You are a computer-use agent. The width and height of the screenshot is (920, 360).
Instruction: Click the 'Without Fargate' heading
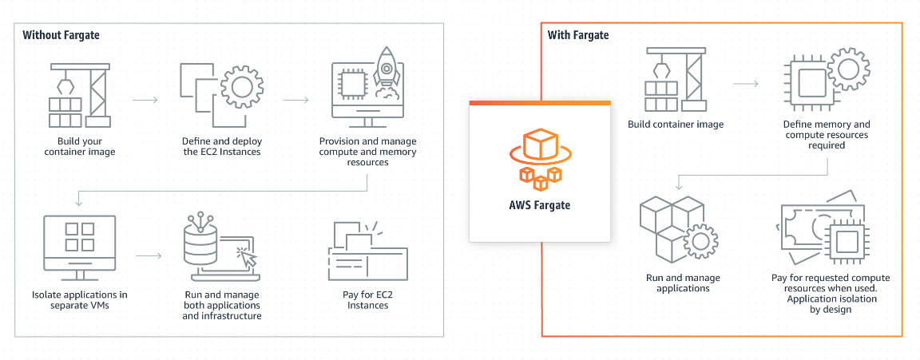(61, 35)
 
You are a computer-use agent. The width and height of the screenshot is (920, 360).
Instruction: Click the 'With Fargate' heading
(578, 35)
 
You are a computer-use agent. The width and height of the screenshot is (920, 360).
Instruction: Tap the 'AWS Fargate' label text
(540, 204)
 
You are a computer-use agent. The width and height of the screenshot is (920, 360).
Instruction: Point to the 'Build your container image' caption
(80, 147)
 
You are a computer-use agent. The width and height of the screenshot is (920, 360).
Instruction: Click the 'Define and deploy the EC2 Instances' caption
(221, 147)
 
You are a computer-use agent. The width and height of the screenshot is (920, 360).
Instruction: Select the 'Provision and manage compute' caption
(368, 152)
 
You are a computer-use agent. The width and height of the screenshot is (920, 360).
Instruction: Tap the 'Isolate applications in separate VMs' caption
(80, 300)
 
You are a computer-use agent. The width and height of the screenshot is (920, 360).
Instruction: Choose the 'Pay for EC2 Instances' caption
(368, 300)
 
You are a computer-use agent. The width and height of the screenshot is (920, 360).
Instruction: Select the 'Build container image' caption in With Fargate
(676, 125)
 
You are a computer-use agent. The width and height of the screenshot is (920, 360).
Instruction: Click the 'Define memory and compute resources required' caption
(826, 135)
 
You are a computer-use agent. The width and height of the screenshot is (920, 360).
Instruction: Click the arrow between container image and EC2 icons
(145, 101)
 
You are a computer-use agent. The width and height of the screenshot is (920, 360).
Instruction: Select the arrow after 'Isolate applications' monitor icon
(149, 256)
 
